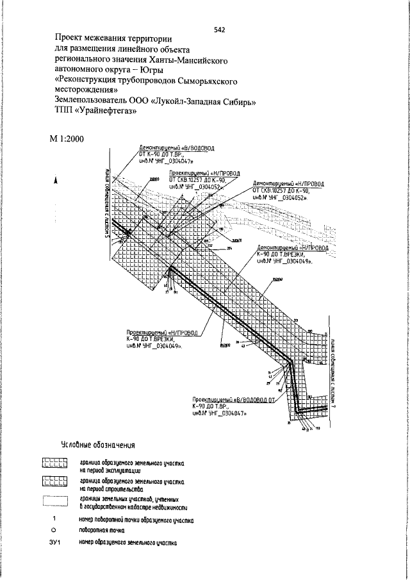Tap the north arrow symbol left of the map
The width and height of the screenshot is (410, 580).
click(x=57, y=181)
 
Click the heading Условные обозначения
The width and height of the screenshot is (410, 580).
click(x=98, y=445)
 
